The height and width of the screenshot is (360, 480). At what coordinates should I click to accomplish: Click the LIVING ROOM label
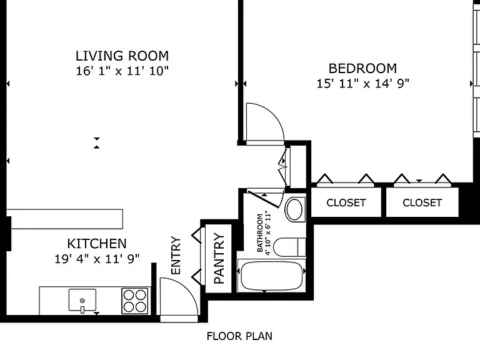[122, 56]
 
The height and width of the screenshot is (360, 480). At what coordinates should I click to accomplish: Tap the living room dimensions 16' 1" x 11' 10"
[122, 71]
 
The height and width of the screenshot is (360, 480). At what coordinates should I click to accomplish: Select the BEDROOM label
[362, 68]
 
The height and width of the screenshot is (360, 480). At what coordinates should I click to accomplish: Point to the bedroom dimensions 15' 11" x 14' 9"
[362, 83]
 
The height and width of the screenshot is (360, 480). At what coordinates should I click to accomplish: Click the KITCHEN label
[97, 244]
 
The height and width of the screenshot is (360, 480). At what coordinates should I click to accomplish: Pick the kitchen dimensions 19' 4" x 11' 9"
[97, 259]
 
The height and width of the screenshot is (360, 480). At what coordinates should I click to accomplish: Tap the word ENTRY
[176, 255]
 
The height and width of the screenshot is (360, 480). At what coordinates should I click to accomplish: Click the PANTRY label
[219, 258]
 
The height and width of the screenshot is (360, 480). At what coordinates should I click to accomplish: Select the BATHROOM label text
[260, 233]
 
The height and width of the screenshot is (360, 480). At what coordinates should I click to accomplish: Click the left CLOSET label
[346, 202]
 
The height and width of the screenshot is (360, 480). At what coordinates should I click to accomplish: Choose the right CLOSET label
[422, 202]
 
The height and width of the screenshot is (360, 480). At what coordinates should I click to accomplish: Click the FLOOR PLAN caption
[239, 336]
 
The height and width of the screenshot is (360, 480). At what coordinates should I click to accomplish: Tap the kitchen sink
[82, 300]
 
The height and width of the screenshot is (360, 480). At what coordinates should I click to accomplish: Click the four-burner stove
[135, 301]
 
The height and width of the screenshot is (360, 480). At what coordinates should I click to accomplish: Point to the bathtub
[271, 276]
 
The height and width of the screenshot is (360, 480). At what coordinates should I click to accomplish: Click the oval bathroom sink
[294, 209]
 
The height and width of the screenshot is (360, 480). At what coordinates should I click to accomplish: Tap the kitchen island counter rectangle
[64, 219]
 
